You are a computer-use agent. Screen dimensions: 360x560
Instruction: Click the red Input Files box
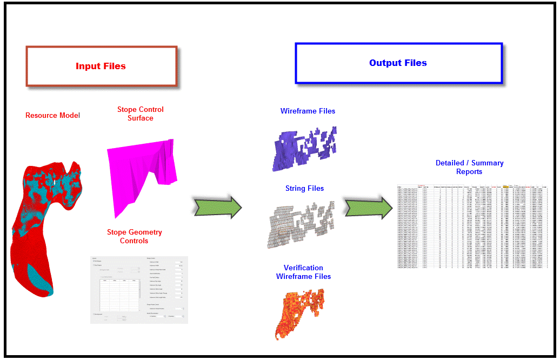pyautogui.click(x=101, y=66)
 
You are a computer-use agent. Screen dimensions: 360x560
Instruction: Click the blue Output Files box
pyautogui.click(x=398, y=63)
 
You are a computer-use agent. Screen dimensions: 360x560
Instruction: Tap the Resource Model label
pyautogui.click(x=52, y=115)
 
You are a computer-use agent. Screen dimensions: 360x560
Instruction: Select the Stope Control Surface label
pyautogui.click(x=140, y=114)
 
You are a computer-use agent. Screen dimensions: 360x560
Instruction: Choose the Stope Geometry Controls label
pyautogui.click(x=134, y=236)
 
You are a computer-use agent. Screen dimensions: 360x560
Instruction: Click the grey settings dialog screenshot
pyautogui.click(x=139, y=290)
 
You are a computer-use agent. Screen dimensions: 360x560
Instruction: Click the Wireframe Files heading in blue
pyautogui.click(x=308, y=111)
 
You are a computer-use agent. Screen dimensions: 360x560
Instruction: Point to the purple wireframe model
pyautogui.click(x=303, y=146)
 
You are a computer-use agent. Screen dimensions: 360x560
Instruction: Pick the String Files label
pyautogui.click(x=304, y=188)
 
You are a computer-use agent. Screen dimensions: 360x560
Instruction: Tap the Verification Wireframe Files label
pyautogui.click(x=303, y=272)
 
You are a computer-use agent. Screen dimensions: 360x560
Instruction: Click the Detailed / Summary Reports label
pyautogui.click(x=469, y=167)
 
